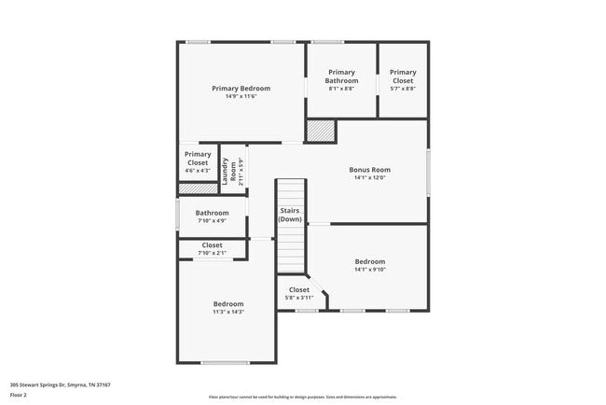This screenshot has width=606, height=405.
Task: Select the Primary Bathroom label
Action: pyautogui.click(x=341, y=77)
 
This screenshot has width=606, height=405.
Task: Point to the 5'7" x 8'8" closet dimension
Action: pyautogui.click(x=403, y=89)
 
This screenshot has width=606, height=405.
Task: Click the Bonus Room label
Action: pyautogui.click(x=369, y=170)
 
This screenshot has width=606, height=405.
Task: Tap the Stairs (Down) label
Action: pyautogui.click(x=290, y=215)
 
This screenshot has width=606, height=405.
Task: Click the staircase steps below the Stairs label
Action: pyautogui.click(x=291, y=248)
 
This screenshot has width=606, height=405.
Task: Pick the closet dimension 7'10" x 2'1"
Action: pyautogui.click(x=213, y=254)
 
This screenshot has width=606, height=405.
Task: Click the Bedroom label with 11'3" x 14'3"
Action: pyautogui.click(x=227, y=304)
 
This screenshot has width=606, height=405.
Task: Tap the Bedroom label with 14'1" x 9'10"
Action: pyautogui.click(x=369, y=262)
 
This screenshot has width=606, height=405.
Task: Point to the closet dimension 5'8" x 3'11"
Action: pyautogui.click(x=298, y=298)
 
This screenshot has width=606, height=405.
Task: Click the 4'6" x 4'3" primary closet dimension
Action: pyautogui.click(x=197, y=171)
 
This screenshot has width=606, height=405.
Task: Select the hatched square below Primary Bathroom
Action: pyautogui.click(x=321, y=131)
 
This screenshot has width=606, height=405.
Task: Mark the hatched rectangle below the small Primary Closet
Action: pyautogui.click(x=197, y=189)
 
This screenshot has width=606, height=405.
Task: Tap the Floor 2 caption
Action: pyautogui.click(x=19, y=395)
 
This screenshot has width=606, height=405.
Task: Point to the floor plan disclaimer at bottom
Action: pyautogui.click(x=303, y=398)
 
